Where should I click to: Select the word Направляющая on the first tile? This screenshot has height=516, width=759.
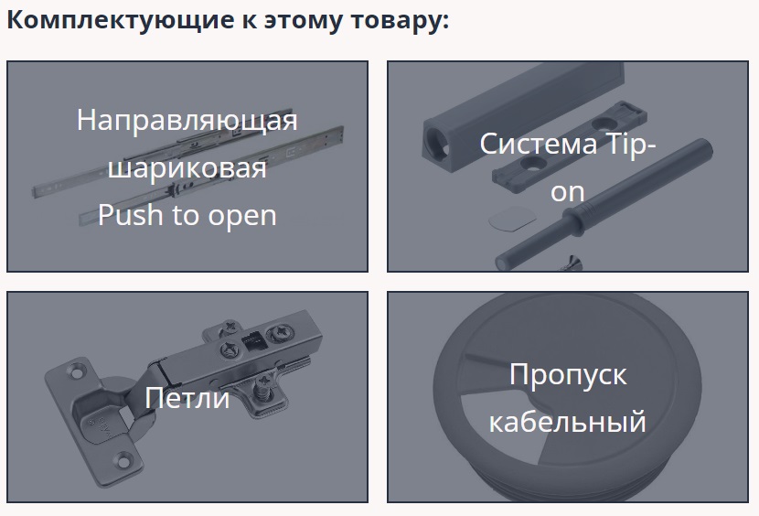pos(187,120)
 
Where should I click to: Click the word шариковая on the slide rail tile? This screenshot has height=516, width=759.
pos(187,167)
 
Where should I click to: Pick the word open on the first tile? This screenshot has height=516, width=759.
pos(242,216)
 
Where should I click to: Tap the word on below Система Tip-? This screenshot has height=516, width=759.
pos(567,192)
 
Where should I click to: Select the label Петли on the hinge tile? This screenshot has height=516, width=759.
pos(187,398)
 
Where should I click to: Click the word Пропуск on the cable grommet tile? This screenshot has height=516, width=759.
pos(568,375)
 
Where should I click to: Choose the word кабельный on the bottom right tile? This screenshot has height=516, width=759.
pos(567,422)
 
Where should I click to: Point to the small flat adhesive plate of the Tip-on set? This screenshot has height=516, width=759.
pos(512,218)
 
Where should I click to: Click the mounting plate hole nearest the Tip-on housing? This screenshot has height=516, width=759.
pos(532,164)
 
